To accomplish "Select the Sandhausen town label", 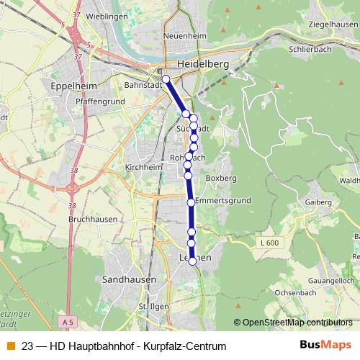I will (x=126, y=279).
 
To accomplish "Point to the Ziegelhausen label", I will (x=329, y=24).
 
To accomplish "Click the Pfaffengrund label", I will (x=100, y=102).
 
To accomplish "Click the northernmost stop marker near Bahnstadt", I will (x=166, y=79).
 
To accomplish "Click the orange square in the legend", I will (x=11, y=346).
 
